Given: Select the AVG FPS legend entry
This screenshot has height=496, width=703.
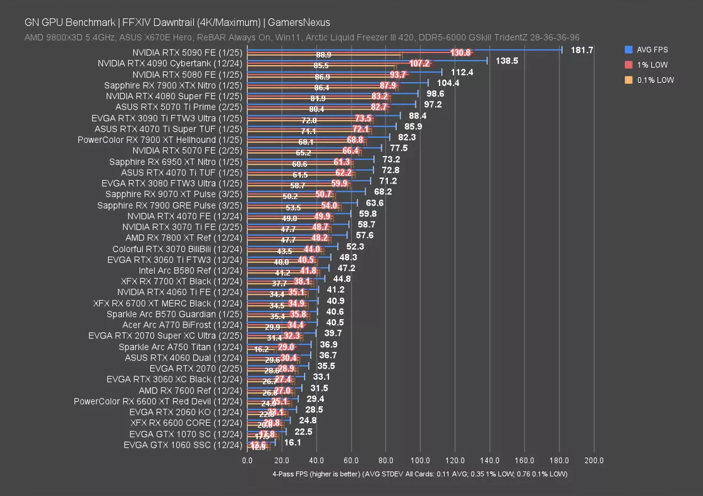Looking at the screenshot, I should (652, 50).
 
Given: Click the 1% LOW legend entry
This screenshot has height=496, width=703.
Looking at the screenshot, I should (653, 64).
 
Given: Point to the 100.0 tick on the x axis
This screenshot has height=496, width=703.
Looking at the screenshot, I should (420, 460).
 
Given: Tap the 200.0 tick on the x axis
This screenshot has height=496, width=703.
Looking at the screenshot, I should (593, 460).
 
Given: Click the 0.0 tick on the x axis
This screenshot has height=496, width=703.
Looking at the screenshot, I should (247, 460).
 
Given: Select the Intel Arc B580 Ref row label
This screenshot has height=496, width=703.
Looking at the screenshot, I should (190, 271).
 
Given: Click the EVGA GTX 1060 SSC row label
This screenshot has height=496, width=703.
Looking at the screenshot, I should (182, 445).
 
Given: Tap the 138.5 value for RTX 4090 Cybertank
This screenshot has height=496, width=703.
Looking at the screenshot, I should (507, 61).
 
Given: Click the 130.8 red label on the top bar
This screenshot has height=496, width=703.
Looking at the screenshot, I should (460, 53).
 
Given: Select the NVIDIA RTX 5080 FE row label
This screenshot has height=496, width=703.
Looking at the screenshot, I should (187, 74).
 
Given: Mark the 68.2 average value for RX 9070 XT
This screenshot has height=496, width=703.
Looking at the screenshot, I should (382, 192).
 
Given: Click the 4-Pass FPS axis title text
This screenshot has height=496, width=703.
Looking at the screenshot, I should (419, 474).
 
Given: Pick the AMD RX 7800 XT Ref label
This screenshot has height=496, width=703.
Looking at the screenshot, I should (183, 238).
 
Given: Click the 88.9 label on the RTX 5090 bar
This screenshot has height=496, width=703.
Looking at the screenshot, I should (323, 56).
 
